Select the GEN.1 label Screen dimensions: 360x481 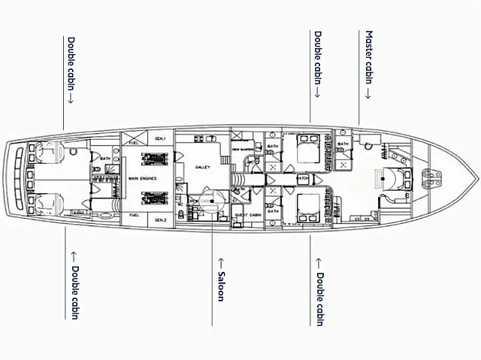pyautogui.click(x=160, y=139)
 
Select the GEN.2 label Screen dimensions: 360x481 pyautogui.click(x=160, y=220)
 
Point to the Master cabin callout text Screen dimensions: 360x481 pyautogui.click(x=368, y=64)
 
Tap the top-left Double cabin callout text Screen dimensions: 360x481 pyautogui.click(x=71, y=71)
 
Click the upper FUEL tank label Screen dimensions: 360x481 pyautogui.click(x=134, y=142)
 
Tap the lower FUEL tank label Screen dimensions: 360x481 pyautogui.click(x=134, y=216)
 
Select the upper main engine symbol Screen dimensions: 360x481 pyautogui.click(x=153, y=160)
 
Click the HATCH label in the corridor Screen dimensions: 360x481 pyautogui.click(x=301, y=178)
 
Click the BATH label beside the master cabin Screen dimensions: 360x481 pyautogui.click(x=344, y=144)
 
